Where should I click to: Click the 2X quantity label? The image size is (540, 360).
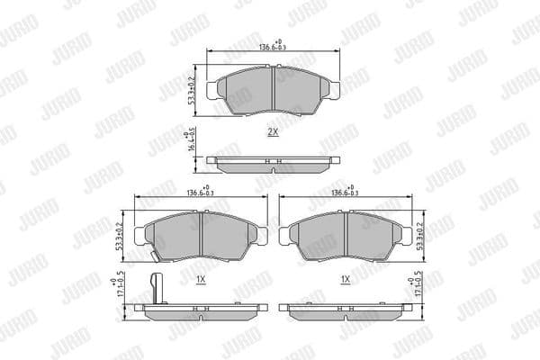point(273,131)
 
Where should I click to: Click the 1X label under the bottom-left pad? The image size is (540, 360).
point(201,280)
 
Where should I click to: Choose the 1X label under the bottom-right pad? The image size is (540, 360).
point(346,280)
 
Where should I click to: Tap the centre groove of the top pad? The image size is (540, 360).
point(274,91)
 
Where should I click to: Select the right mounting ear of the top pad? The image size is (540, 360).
point(333,90)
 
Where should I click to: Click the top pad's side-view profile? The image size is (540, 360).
point(274,163)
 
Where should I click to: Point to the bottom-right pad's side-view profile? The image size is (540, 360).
point(346,308)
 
